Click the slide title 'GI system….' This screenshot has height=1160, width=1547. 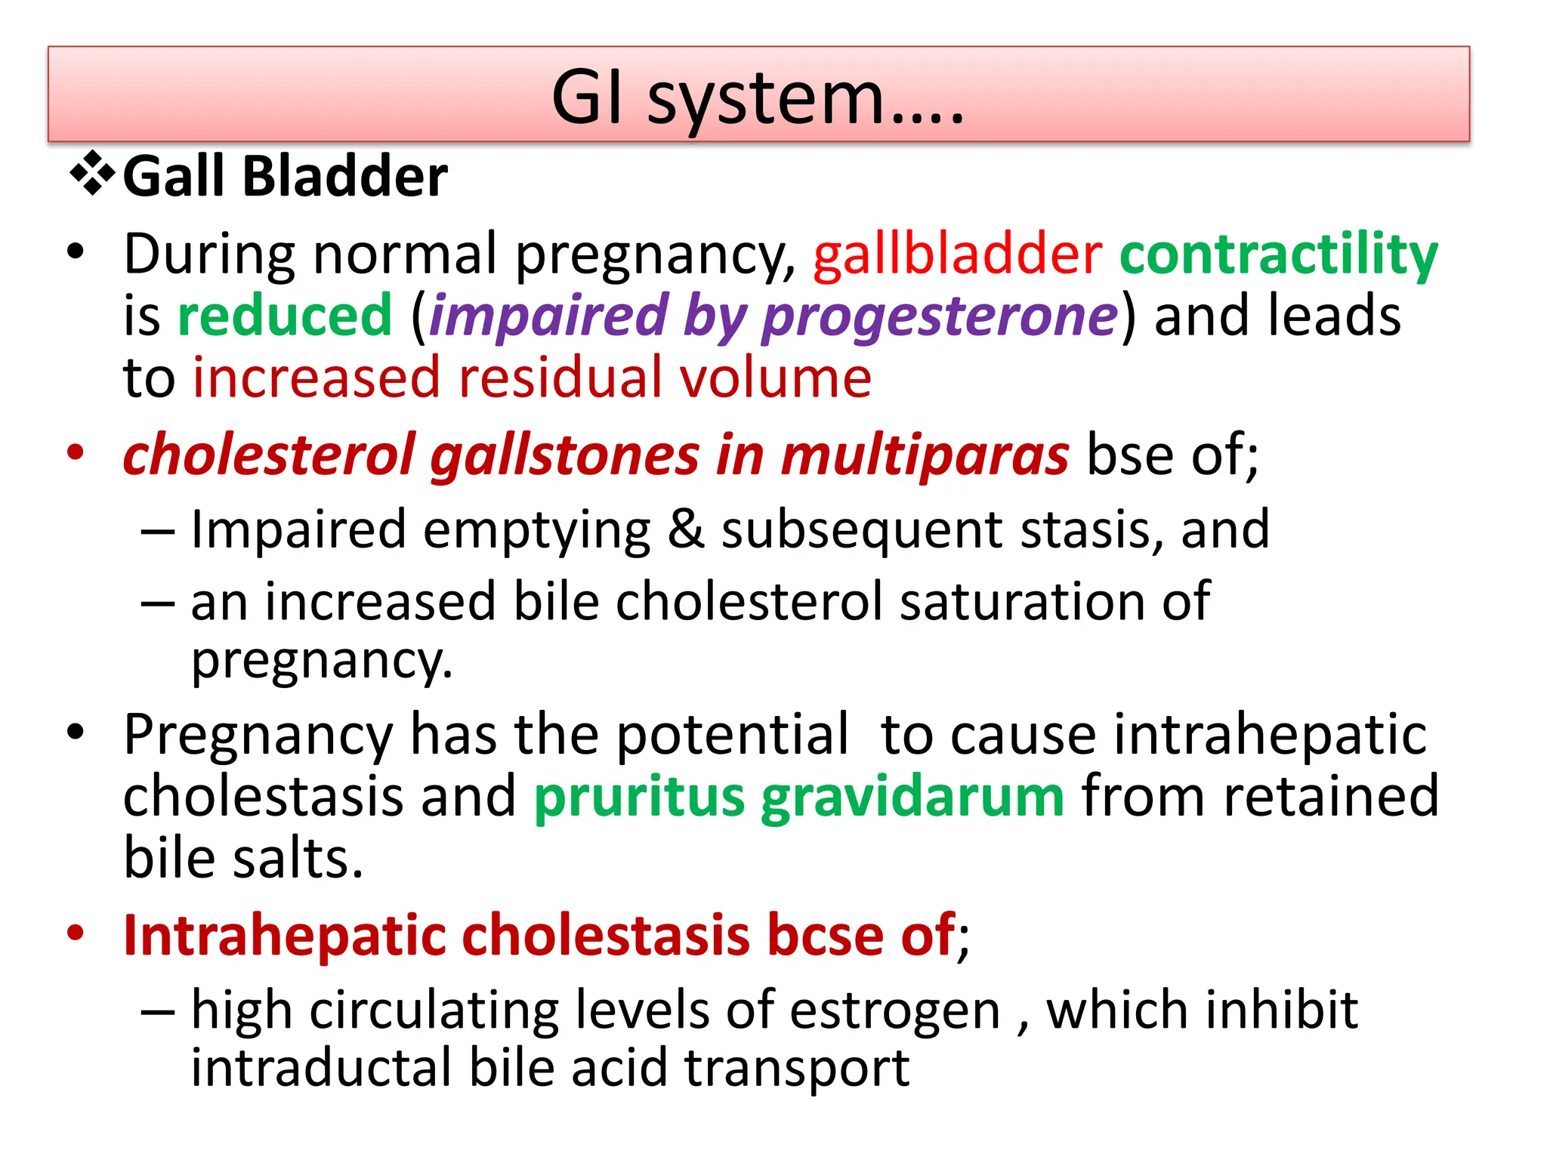point(758,98)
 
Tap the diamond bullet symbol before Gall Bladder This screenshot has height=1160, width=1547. point(92,174)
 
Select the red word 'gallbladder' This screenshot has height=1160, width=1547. point(957,254)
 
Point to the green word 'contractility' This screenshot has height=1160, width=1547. point(1278,254)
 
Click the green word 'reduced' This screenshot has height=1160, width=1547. point(285,316)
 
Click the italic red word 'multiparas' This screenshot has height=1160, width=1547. point(924,456)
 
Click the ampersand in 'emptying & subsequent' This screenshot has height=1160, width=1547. point(686,530)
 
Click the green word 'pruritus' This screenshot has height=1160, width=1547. point(639,797)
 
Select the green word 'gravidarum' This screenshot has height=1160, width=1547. point(912,797)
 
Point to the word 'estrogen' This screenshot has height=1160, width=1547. point(894,1010)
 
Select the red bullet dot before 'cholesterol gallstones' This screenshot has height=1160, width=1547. point(75,453)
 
